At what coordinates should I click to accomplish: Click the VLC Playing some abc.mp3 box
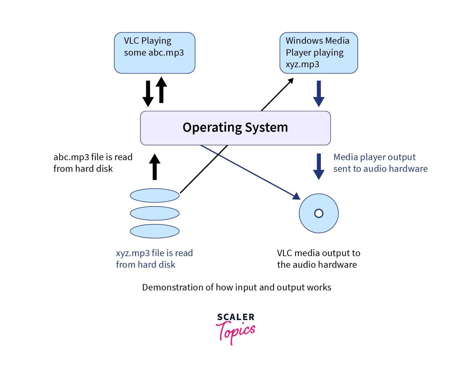tap(155, 53)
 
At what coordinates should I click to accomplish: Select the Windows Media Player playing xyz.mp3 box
tap(319, 53)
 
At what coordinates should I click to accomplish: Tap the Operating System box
tap(235, 128)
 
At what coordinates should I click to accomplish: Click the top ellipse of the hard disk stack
tap(155, 196)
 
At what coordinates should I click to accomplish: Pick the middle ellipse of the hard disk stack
tap(155, 213)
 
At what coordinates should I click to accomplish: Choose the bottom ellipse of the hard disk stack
tap(155, 231)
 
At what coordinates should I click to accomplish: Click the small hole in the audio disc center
tap(319, 213)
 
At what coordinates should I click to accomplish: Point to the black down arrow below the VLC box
tap(148, 94)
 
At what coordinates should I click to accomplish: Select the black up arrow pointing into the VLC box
tap(161, 90)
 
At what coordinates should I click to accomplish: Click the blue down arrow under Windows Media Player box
tap(319, 94)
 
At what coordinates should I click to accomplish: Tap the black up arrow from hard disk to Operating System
tap(155, 167)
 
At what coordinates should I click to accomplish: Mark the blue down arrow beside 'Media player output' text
tap(319, 167)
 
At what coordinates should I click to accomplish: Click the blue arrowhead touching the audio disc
tap(297, 196)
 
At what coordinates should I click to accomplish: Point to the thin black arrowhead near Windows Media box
tap(290, 80)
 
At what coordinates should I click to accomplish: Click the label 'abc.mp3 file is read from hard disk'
tap(93, 163)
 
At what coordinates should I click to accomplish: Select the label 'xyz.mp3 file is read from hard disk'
tap(154, 259)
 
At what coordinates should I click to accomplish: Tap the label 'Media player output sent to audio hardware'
tap(380, 163)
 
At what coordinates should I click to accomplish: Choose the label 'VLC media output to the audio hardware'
tap(318, 259)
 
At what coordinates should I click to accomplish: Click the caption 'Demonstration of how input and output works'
tap(236, 287)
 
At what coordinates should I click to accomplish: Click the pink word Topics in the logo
tap(236, 332)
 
